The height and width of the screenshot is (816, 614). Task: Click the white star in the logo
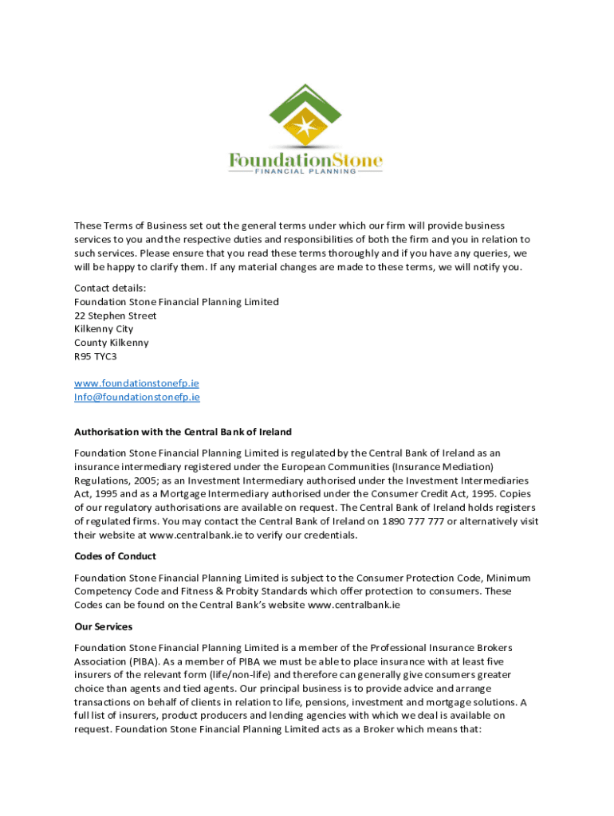[306, 127]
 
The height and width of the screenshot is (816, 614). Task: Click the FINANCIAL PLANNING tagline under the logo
[306, 171]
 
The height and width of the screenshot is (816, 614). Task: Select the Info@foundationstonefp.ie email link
[137, 397]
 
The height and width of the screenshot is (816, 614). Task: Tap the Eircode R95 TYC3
[95, 356]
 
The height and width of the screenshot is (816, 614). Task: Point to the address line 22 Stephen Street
[115, 316]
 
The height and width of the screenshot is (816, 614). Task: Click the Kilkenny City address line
[104, 329]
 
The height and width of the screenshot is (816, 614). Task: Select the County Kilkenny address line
[111, 343]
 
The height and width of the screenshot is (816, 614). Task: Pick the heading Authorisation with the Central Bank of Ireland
[183, 432]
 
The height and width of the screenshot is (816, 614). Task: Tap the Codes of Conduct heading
[115, 556]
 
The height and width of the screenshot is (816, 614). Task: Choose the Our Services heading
[103, 626]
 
